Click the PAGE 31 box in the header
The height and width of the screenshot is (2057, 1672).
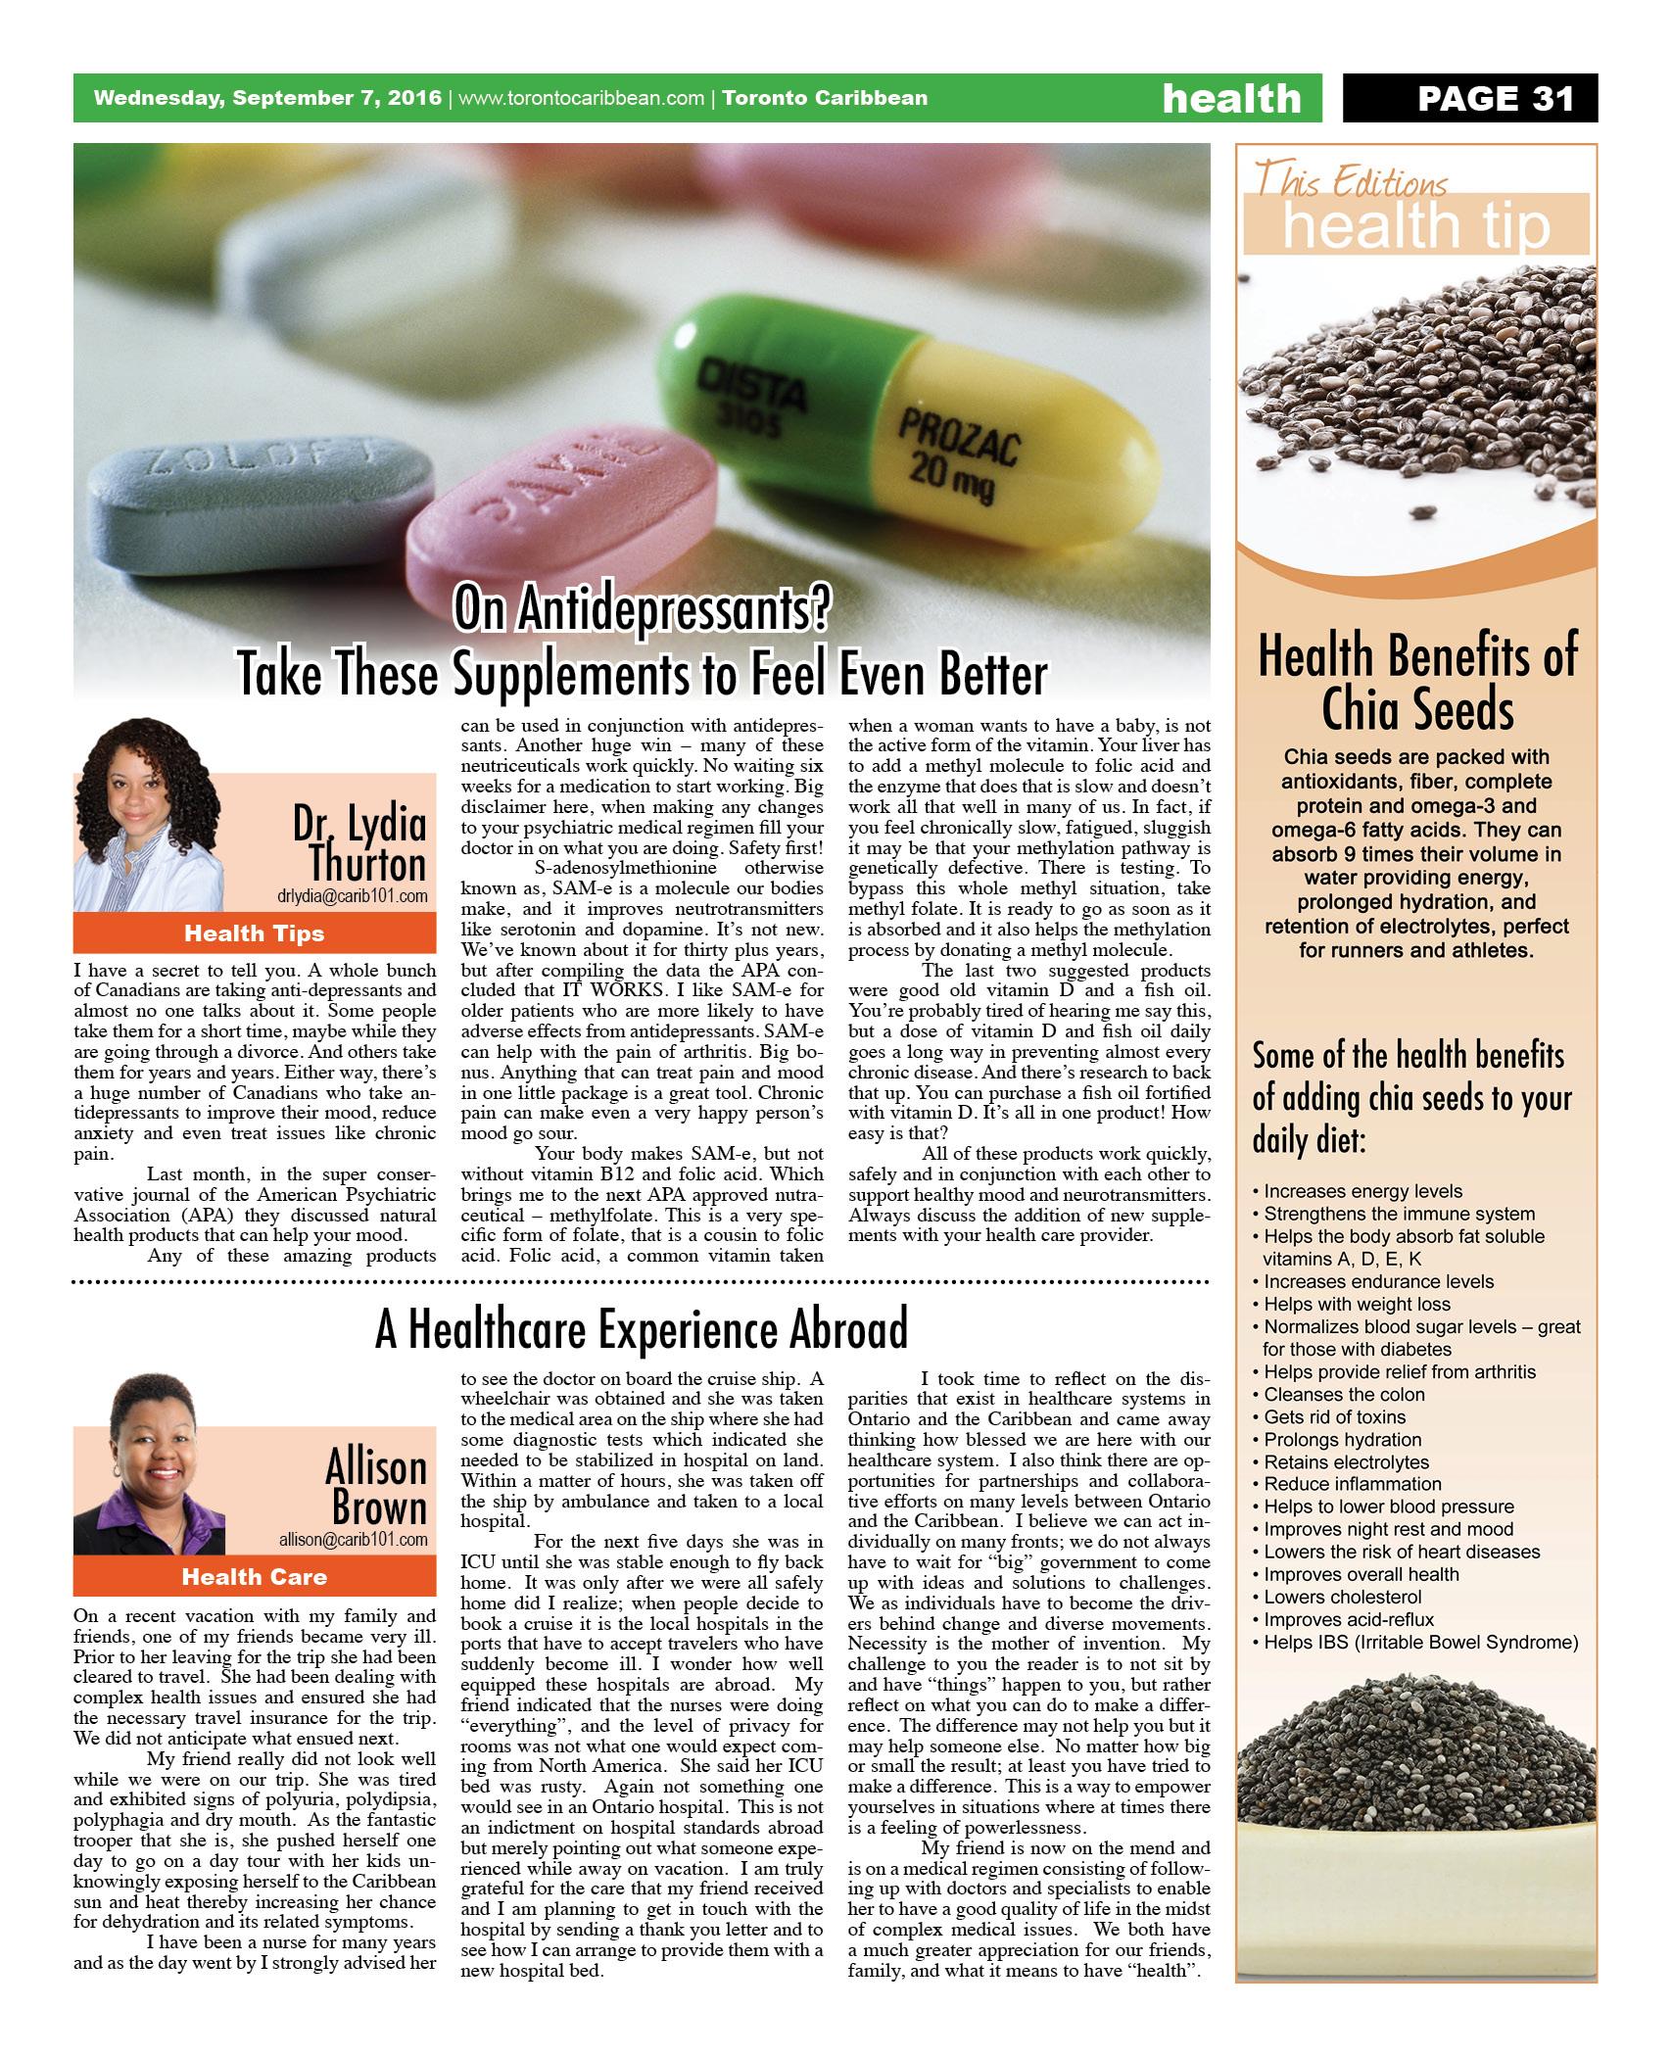pyautogui.click(x=1468, y=98)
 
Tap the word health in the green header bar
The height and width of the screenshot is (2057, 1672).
pyautogui.click(x=1231, y=98)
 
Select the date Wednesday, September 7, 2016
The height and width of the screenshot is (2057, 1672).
pyautogui.click(x=267, y=98)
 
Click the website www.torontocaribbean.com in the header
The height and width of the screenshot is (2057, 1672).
pyautogui.click(x=582, y=98)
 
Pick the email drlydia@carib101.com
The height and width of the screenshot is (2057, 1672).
pyautogui.click(x=353, y=896)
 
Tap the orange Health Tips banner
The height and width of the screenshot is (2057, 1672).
pyautogui.click(x=254, y=933)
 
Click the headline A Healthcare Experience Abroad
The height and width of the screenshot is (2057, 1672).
pyautogui.click(x=642, y=1329)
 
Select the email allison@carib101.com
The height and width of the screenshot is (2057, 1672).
pyautogui.click(x=353, y=1540)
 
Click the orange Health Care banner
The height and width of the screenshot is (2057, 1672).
pyautogui.click(x=254, y=1577)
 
